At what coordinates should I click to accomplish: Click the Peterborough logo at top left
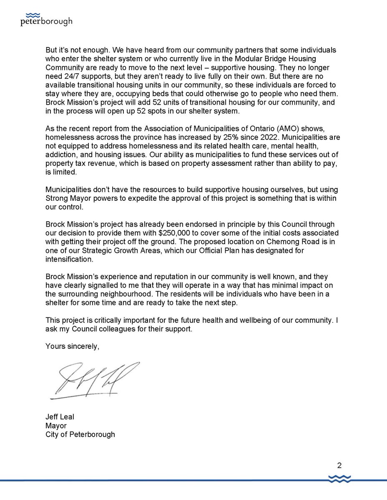click(x=46, y=17)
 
